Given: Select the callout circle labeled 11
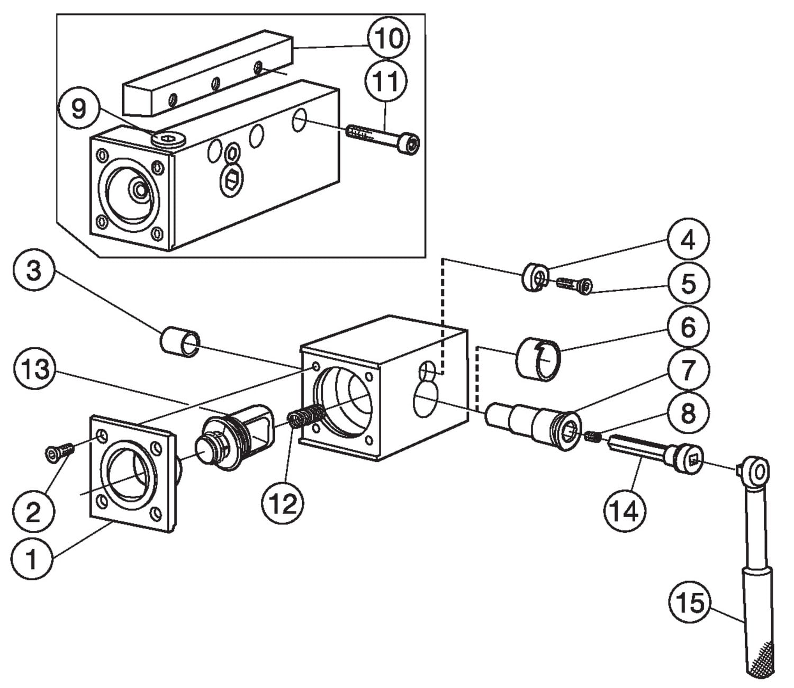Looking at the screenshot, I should [386, 82].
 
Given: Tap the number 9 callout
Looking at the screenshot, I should [78, 110].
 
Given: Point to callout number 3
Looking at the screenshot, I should [34, 271].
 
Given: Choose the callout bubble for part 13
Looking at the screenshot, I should [35, 369].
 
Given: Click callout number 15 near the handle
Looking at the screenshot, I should [691, 603].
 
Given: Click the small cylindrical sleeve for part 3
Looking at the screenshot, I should [180, 342].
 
